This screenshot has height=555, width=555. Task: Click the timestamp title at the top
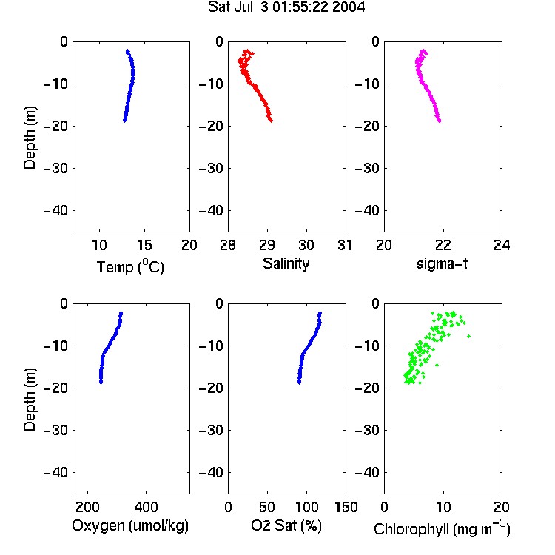tap(286, 7)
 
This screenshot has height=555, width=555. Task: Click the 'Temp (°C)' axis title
tap(130, 266)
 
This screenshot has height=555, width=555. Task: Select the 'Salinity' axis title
tap(286, 263)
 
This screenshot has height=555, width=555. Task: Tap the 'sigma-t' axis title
tap(442, 263)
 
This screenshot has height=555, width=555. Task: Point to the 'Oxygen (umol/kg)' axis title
tap(130, 525)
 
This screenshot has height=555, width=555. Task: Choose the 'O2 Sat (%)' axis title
tap(286, 525)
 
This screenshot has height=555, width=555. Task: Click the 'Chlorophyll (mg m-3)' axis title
tap(442, 528)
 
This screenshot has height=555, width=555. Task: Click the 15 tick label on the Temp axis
tap(144, 245)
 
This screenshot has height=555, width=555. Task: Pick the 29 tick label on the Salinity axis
tap(267, 245)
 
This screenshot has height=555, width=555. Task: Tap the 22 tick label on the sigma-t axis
tap(443, 245)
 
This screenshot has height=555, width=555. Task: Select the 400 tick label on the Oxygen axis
tap(146, 507)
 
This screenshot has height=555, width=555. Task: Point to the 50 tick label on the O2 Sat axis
tap(267, 507)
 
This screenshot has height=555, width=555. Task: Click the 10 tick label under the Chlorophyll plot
tap(443, 507)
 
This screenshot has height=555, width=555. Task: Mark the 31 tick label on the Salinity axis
tap(345, 245)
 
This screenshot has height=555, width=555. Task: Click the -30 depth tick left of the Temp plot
tap(55, 168)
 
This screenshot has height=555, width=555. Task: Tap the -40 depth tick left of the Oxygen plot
tap(55, 472)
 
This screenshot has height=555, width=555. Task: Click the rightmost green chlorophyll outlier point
tap(468, 336)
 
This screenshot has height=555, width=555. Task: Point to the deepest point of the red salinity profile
tap(271, 121)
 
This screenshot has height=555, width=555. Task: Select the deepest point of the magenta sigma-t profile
tap(440, 121)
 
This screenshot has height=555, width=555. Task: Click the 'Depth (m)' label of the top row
tap(30, 138)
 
